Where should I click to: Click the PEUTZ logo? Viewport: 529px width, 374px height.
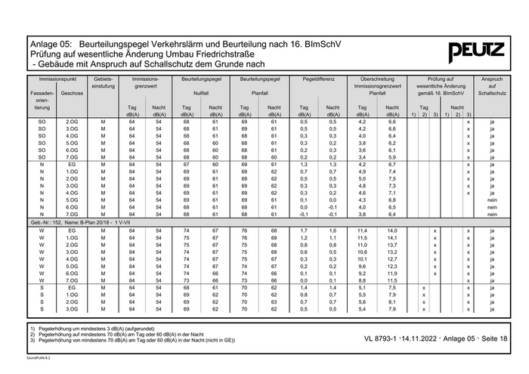[x=476, y=52]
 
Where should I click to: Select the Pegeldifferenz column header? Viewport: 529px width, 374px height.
[x=318, y=79]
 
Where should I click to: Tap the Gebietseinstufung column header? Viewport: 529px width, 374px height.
[x=103, y=82]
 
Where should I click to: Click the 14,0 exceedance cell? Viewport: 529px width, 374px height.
[x=392, y=230]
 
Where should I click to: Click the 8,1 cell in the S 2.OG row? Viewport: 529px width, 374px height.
[x=392, y=301]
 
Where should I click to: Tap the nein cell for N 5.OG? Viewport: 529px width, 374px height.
[x=492, y=199]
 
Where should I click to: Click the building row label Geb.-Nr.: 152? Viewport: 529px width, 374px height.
[x=76, y=222]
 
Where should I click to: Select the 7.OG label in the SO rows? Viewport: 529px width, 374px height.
[x=73, y=156]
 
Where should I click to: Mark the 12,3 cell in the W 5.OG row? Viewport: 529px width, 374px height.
[x=392, y=266]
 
